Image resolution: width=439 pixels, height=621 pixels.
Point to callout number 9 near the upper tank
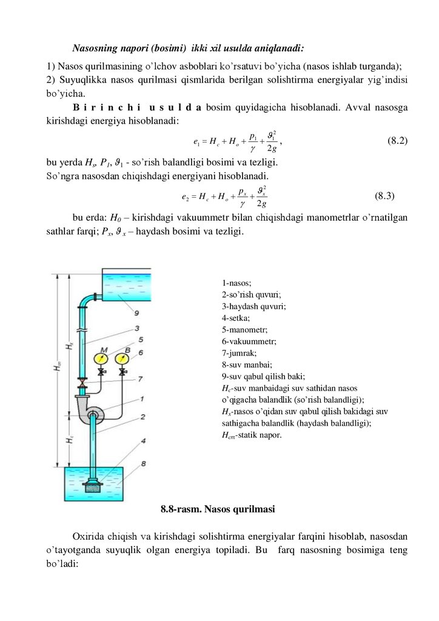[x=137, y=313]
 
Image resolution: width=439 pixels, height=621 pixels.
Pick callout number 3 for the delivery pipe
[x=138, y=328]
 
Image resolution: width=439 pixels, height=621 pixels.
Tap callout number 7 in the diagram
[x=140, y=379]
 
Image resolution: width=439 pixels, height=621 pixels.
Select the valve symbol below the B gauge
[x=124, y=371]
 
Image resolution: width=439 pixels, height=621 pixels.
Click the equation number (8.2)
[x=397, y=141]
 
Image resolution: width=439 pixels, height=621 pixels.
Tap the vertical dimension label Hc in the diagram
[x=69, y=441]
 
